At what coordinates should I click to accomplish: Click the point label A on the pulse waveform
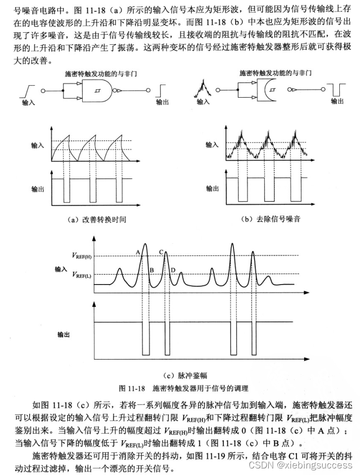[138, 251]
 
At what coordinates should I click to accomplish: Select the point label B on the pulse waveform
[151, 271]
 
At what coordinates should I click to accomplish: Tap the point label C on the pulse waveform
[161, 251]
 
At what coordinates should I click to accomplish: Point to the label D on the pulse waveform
[173, 271]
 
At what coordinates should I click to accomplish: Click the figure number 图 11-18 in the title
[132, 388]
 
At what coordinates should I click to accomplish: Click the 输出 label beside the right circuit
[337, 101]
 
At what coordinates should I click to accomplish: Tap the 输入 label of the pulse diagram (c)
[61, 269]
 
